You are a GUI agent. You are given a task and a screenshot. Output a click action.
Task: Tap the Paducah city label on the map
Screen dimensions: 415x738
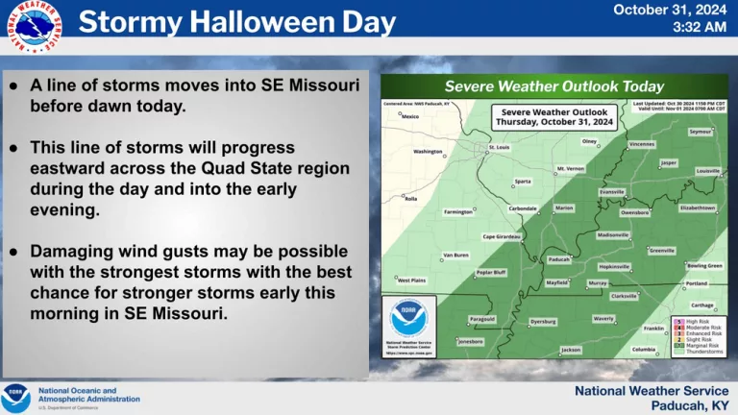pyautogui.click(x=558, y=259)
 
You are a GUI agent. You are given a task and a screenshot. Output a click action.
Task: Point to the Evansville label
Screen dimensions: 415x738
pyautogui.click(x=612, y=192)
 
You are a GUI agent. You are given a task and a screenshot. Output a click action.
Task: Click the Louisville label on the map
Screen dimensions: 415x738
pyautogui.click(x=708, y=171)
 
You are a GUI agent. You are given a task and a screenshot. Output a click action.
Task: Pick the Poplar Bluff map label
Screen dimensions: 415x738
pyautogui.click(x=492, y=273)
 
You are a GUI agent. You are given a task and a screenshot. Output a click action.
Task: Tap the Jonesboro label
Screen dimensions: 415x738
pyautogui.click(x=470, y=341)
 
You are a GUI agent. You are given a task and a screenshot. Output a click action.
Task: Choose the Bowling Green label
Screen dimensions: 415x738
pyautogui.click(x=704, y=265)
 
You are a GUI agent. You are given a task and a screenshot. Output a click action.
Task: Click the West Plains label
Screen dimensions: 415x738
pyautogui.click(x=411, y=281)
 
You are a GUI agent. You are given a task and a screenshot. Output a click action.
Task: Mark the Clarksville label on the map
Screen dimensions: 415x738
pyautogui.click(x=625, y=296)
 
